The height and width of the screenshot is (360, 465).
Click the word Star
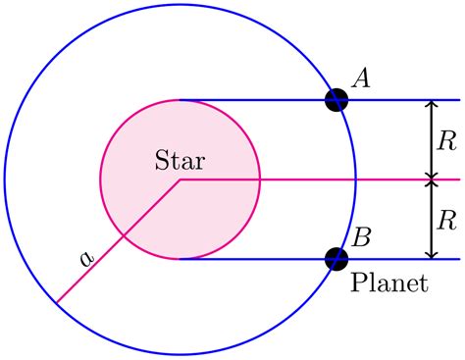pyautogui.click(x=181, y=159)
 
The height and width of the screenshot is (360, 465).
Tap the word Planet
pyautogui.click(x=390, y=285)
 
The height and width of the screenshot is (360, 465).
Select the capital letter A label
pyautogui.click(x=360, y=78)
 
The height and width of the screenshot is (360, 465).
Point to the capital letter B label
pyautogui.click(x=361, y=236)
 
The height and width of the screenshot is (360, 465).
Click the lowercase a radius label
pyautogui.click(x=86, y=258)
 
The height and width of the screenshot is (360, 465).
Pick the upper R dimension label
pyautogui.click(x=447, y=140)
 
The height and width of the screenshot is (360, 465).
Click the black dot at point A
pyautogui.click(x=336, y=100)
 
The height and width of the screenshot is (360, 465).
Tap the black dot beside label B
pyautogui.click(x=336, y=259)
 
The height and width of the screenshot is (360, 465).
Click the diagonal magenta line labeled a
pyautogui.click(x=118, y=241)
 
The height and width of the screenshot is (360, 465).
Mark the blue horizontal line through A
pyautogui.click(x=255, y=100)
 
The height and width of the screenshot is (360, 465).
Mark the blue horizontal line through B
pyautogui.click(x=255, y=259)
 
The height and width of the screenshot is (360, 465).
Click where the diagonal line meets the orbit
pyautogui.click(x=57, y=302)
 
